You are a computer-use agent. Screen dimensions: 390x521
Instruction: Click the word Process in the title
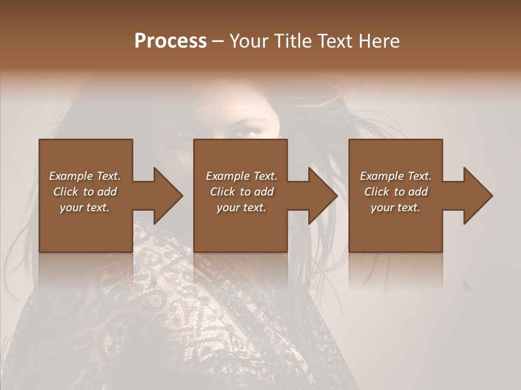170,41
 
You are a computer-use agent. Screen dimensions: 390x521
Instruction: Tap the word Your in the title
249,41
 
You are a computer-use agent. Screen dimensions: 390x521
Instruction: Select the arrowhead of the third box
476,196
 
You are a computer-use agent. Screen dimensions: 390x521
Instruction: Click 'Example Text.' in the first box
85,175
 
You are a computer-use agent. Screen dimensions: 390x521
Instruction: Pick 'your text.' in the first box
85,207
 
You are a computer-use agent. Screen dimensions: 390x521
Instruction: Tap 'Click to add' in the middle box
242,191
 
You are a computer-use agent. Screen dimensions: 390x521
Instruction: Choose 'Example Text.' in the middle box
242,175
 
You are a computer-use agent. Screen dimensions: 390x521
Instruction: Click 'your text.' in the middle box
242,207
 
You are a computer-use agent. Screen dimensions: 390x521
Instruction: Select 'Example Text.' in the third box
396,175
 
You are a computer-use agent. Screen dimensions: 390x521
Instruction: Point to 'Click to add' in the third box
396,191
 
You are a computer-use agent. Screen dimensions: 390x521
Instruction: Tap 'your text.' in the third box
396,207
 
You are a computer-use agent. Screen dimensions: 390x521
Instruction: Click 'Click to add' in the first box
85,191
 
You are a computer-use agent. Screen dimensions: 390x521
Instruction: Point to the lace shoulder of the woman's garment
163,282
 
